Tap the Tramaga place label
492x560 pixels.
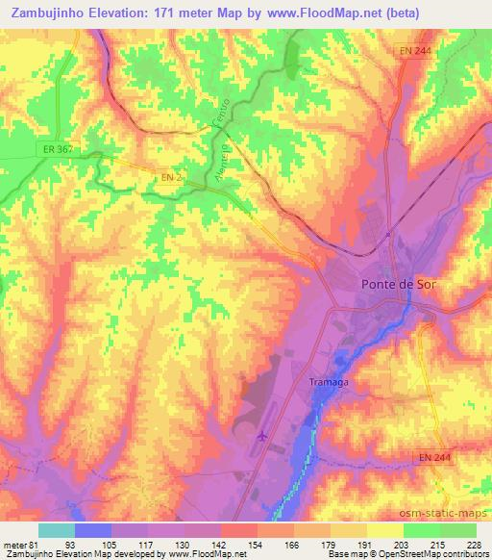329,382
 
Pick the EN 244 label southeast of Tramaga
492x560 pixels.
440,458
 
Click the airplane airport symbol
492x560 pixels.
262,437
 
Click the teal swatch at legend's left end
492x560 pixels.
57,530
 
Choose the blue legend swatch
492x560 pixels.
93,530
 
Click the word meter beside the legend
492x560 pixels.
14,546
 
